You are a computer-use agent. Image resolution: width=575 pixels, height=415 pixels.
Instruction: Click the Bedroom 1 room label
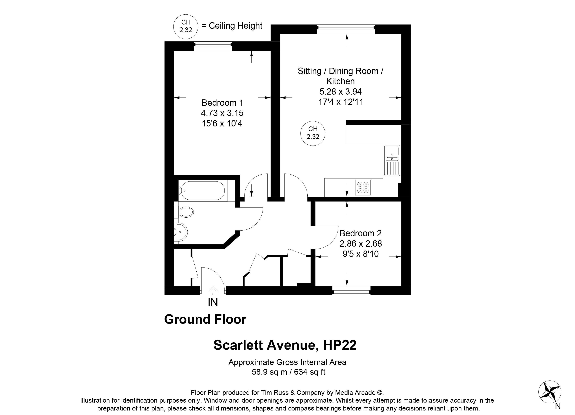(x=222, y=103)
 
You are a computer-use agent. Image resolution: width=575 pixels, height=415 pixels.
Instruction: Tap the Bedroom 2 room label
(x=361, y=233)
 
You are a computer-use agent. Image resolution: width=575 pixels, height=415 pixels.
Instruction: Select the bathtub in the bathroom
(x=202, y=191)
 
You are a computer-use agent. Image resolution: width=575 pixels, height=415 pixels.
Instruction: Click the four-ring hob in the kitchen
(x=363, y=188)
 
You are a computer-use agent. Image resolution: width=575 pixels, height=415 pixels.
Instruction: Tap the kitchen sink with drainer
(x=392, y=161)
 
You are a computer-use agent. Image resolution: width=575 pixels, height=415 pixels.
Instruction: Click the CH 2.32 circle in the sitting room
(x=313, y=133)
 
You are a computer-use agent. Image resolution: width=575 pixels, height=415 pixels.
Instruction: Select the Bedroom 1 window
(x=213, y=46)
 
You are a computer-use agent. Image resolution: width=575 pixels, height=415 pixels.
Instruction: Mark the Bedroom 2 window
(x=351, y=290)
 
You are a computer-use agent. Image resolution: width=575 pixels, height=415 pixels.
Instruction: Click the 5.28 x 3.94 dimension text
(x=341, y=92)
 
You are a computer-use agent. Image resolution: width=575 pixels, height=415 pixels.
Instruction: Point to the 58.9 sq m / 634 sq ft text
(x=288, y=372)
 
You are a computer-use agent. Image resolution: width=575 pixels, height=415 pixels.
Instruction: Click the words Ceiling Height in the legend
(x=236, y=26)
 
